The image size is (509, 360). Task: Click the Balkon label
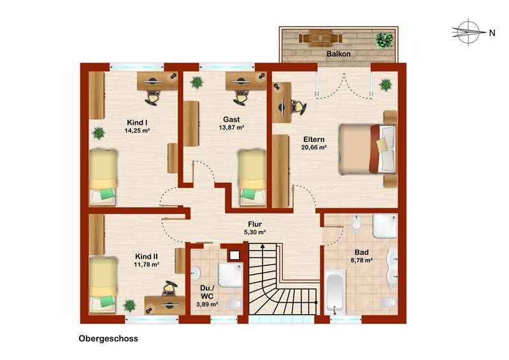338,54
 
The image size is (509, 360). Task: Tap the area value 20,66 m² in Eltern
314,147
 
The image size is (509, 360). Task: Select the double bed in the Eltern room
367,149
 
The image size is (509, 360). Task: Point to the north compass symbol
468,32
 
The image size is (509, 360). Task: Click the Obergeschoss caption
108,338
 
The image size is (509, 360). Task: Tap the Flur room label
255,224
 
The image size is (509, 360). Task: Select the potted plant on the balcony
384,40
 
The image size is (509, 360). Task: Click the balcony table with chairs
320,38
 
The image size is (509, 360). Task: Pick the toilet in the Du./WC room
234,304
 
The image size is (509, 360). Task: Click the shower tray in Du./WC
230,275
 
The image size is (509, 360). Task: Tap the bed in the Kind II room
103,285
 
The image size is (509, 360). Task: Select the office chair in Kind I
152,97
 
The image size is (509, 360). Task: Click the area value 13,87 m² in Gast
231,127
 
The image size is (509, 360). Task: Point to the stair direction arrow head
262,246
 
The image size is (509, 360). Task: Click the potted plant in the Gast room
196,82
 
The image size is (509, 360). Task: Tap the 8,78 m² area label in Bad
361,260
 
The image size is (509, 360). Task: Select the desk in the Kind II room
164,305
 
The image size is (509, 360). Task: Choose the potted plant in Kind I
98,133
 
